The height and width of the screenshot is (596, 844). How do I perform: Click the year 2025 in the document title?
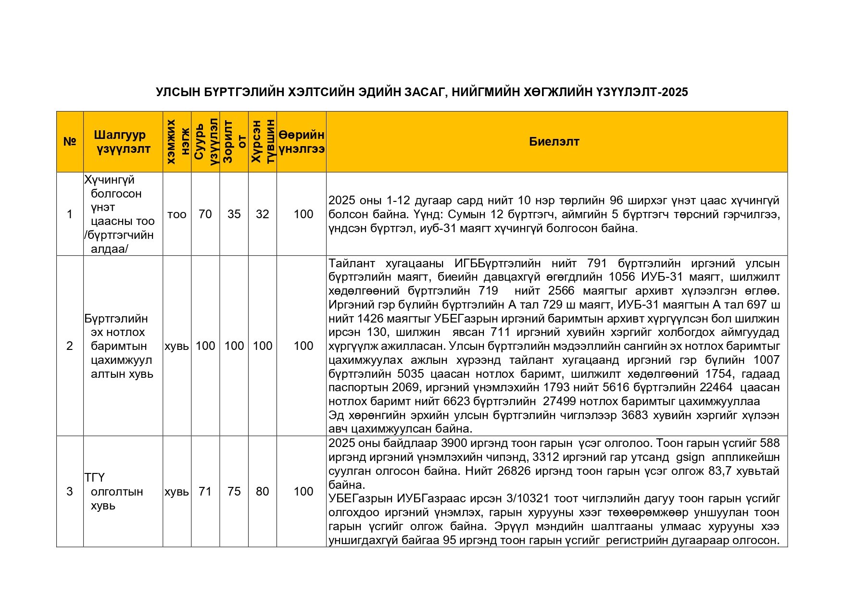675,92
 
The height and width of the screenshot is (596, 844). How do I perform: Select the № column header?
70,142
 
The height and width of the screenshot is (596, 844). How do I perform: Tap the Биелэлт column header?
554,142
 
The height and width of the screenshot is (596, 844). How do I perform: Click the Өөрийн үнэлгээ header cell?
302,142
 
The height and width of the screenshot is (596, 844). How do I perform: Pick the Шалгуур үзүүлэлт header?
123,142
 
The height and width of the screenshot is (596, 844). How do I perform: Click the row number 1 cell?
70,214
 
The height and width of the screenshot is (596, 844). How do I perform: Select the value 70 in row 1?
205,214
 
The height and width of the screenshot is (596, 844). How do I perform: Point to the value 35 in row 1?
234,214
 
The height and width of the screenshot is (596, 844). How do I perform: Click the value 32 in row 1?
262,214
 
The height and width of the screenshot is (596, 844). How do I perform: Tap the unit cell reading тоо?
176,214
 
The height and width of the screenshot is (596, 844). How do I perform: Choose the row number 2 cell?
70,346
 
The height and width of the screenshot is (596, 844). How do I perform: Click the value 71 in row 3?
205,491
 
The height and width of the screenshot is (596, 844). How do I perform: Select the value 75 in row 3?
234,491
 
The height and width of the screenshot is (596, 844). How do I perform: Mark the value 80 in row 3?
262,491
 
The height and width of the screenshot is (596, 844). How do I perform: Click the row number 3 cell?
70,491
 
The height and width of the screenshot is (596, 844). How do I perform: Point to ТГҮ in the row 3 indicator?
95,478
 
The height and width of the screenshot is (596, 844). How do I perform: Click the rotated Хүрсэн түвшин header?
262,142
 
